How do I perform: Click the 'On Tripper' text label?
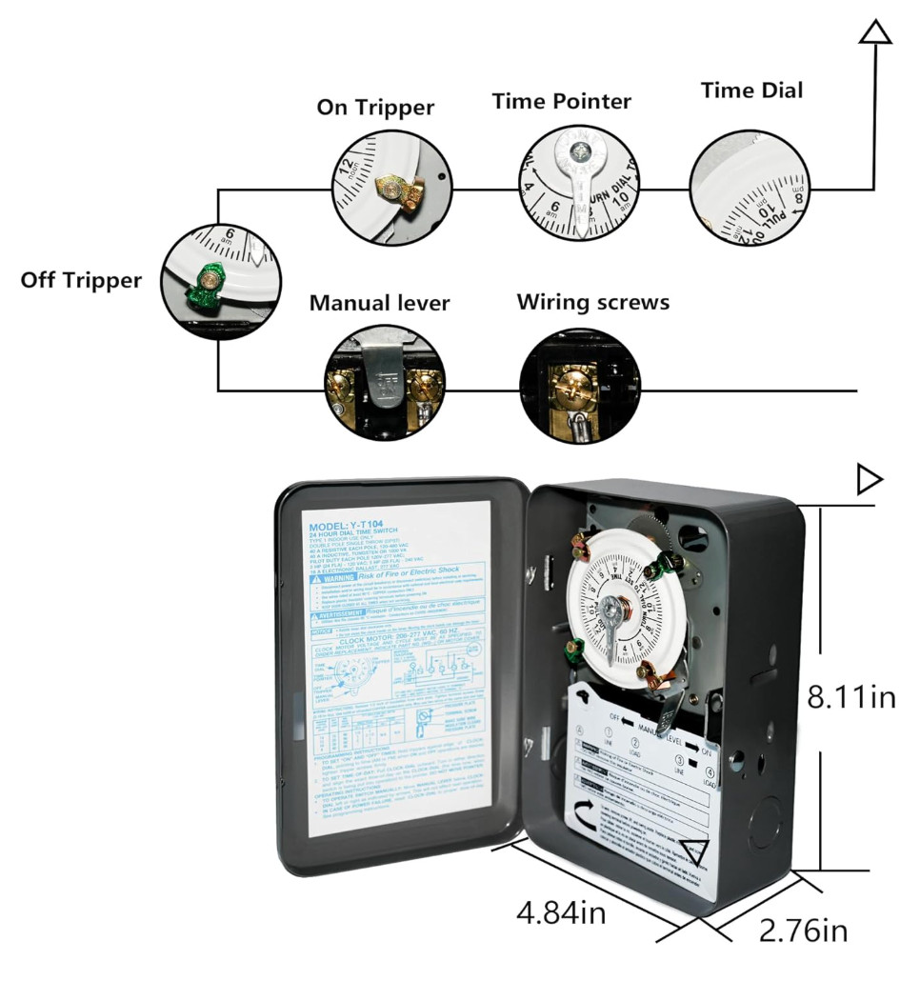tap(375, 108)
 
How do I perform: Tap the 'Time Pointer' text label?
tap(561, 101)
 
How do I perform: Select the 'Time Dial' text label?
tap(751, 90)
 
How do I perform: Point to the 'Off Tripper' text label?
tap(81, 280)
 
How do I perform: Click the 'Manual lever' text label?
tap(379, 303)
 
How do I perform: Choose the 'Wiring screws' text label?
tap(592, 302)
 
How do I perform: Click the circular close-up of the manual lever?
tap(383, 386)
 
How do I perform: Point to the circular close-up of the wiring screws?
tap(577, 386)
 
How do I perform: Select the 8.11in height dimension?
tap(851, 697)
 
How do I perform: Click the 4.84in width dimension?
tap(561, 912)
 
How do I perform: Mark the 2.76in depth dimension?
tap(803, 930)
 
